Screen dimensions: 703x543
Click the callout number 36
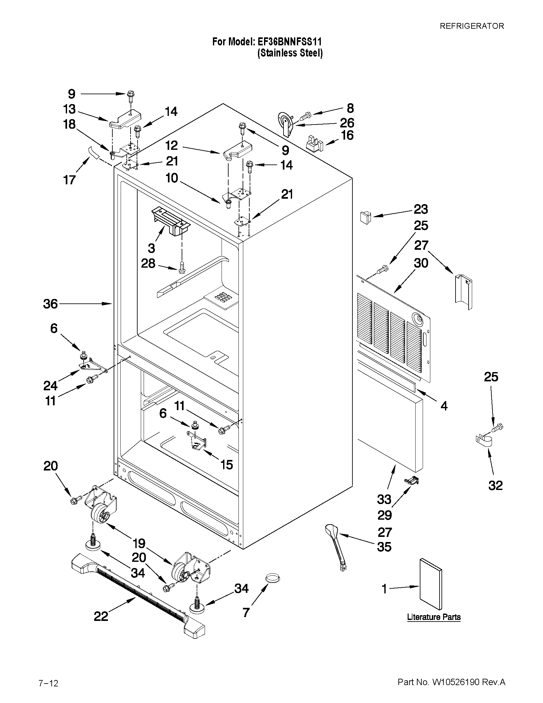click(x=50, y=303)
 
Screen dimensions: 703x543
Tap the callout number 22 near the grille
click(x=101, y=616)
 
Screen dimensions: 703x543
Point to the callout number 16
click(x=347, y=135)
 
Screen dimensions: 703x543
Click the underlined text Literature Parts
click(x=434, y=617)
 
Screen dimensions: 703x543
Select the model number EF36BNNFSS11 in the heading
click(x=289, y=42)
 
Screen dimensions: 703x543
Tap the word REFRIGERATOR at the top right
click(x=472, y=26)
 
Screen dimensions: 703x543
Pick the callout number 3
click(x=151, y=248)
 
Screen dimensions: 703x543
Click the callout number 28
click(x=148, y=264)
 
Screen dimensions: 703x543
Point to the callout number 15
click(x=226, y=464)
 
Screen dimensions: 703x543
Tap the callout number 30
click(x=421, y=263)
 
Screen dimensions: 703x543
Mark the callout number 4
click(x=444, y=406)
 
